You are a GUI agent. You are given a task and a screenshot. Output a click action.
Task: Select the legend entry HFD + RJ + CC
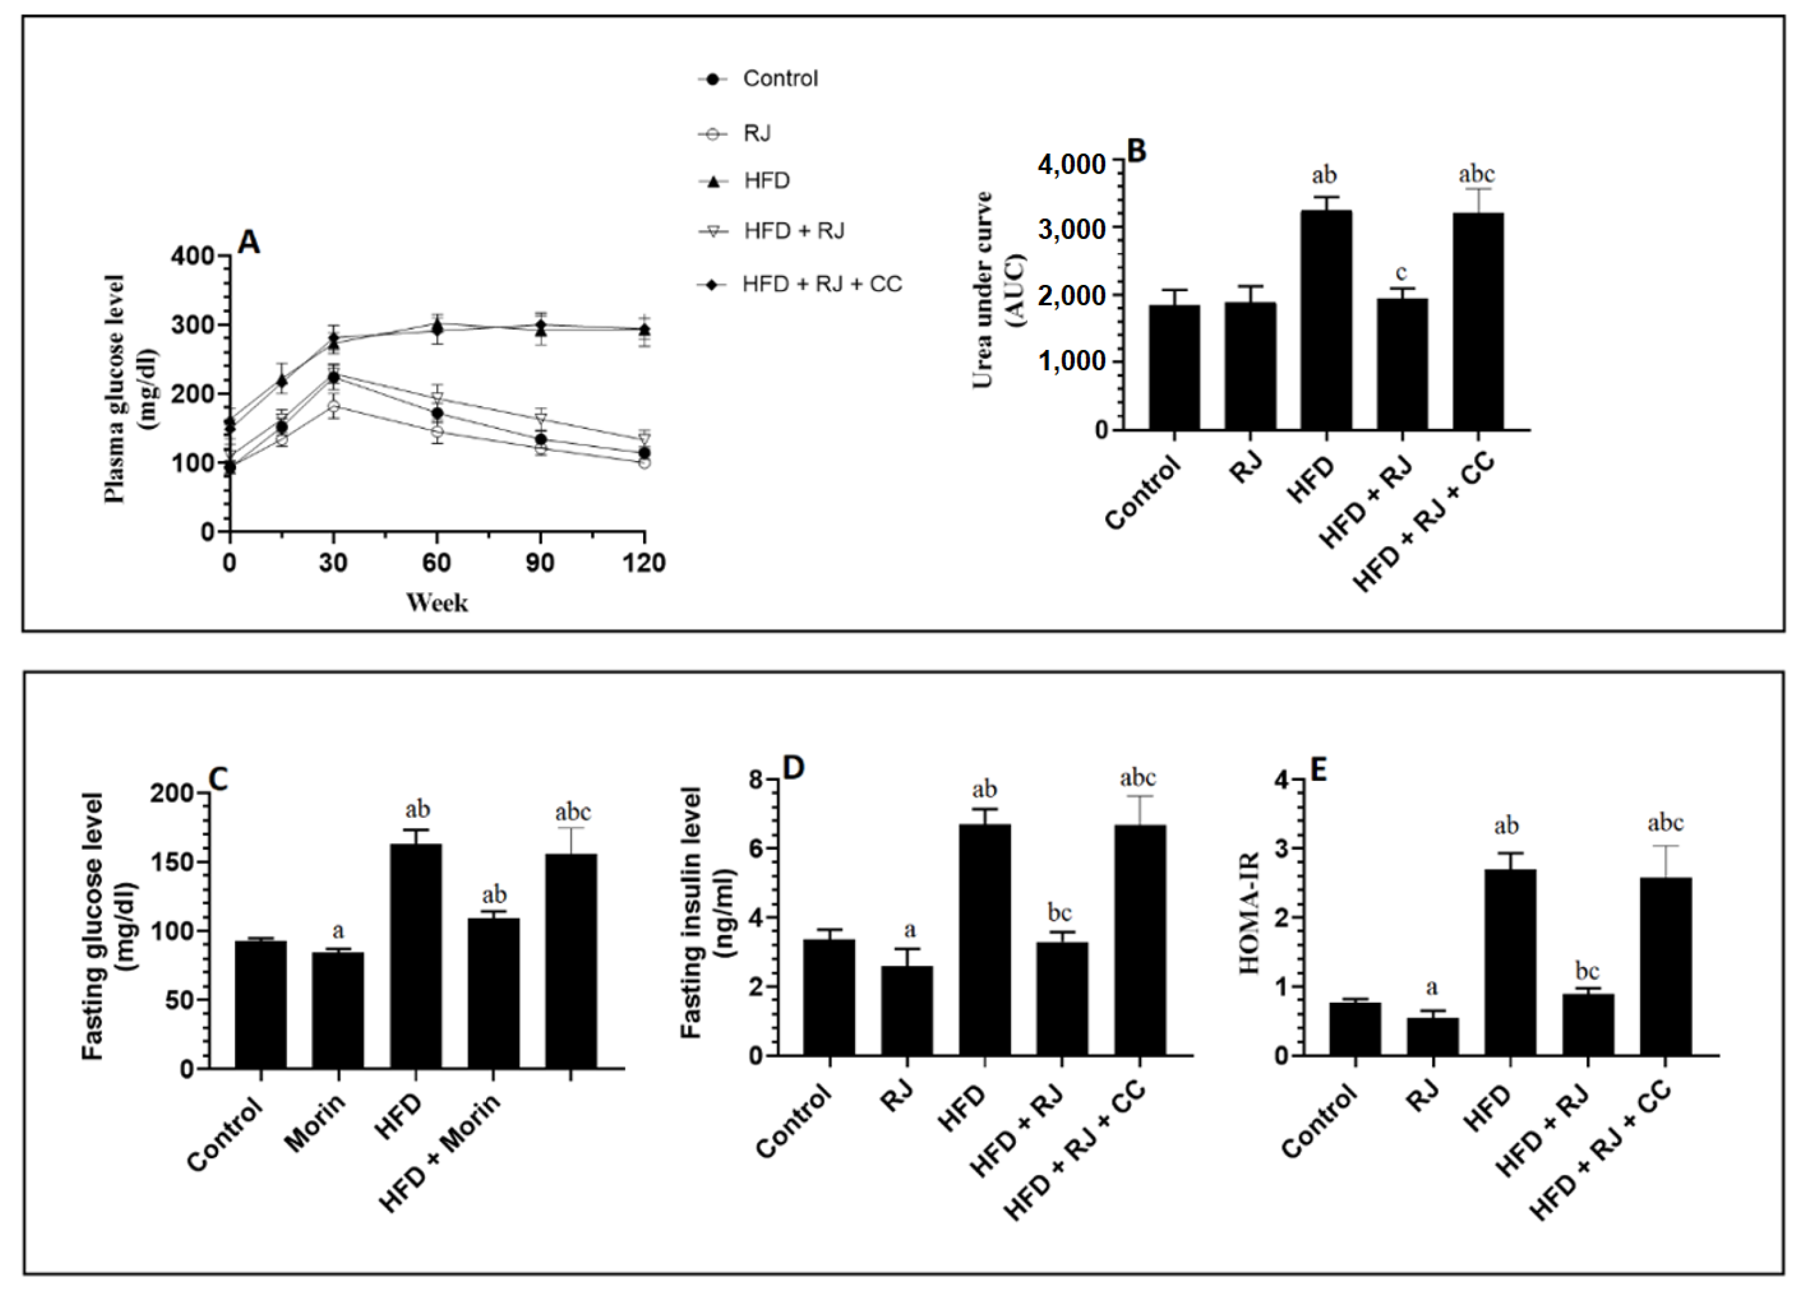pos(821,284)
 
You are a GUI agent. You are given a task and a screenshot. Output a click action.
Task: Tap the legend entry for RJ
pos(756,133)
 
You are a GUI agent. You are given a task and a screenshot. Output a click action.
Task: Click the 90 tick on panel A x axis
pos(540,563)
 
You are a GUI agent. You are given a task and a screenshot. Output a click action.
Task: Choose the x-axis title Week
pos(437,602)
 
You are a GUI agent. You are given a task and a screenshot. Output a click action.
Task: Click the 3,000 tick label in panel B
pos(1071,229)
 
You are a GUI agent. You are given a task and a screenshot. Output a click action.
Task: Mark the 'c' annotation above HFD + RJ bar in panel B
pos(1401,273)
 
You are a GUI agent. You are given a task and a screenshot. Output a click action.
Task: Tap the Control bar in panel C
pos(261,1004)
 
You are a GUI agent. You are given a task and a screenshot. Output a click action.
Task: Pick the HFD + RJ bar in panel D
pos(1062,999)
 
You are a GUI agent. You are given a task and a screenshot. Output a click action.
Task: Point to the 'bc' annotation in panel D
pos(1060,913)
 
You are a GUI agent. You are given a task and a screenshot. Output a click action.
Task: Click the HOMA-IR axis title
pos(1250,913)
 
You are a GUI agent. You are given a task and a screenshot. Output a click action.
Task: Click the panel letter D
pos(794,768)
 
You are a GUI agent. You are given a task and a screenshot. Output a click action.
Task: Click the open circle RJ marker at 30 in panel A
pos(334,407)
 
